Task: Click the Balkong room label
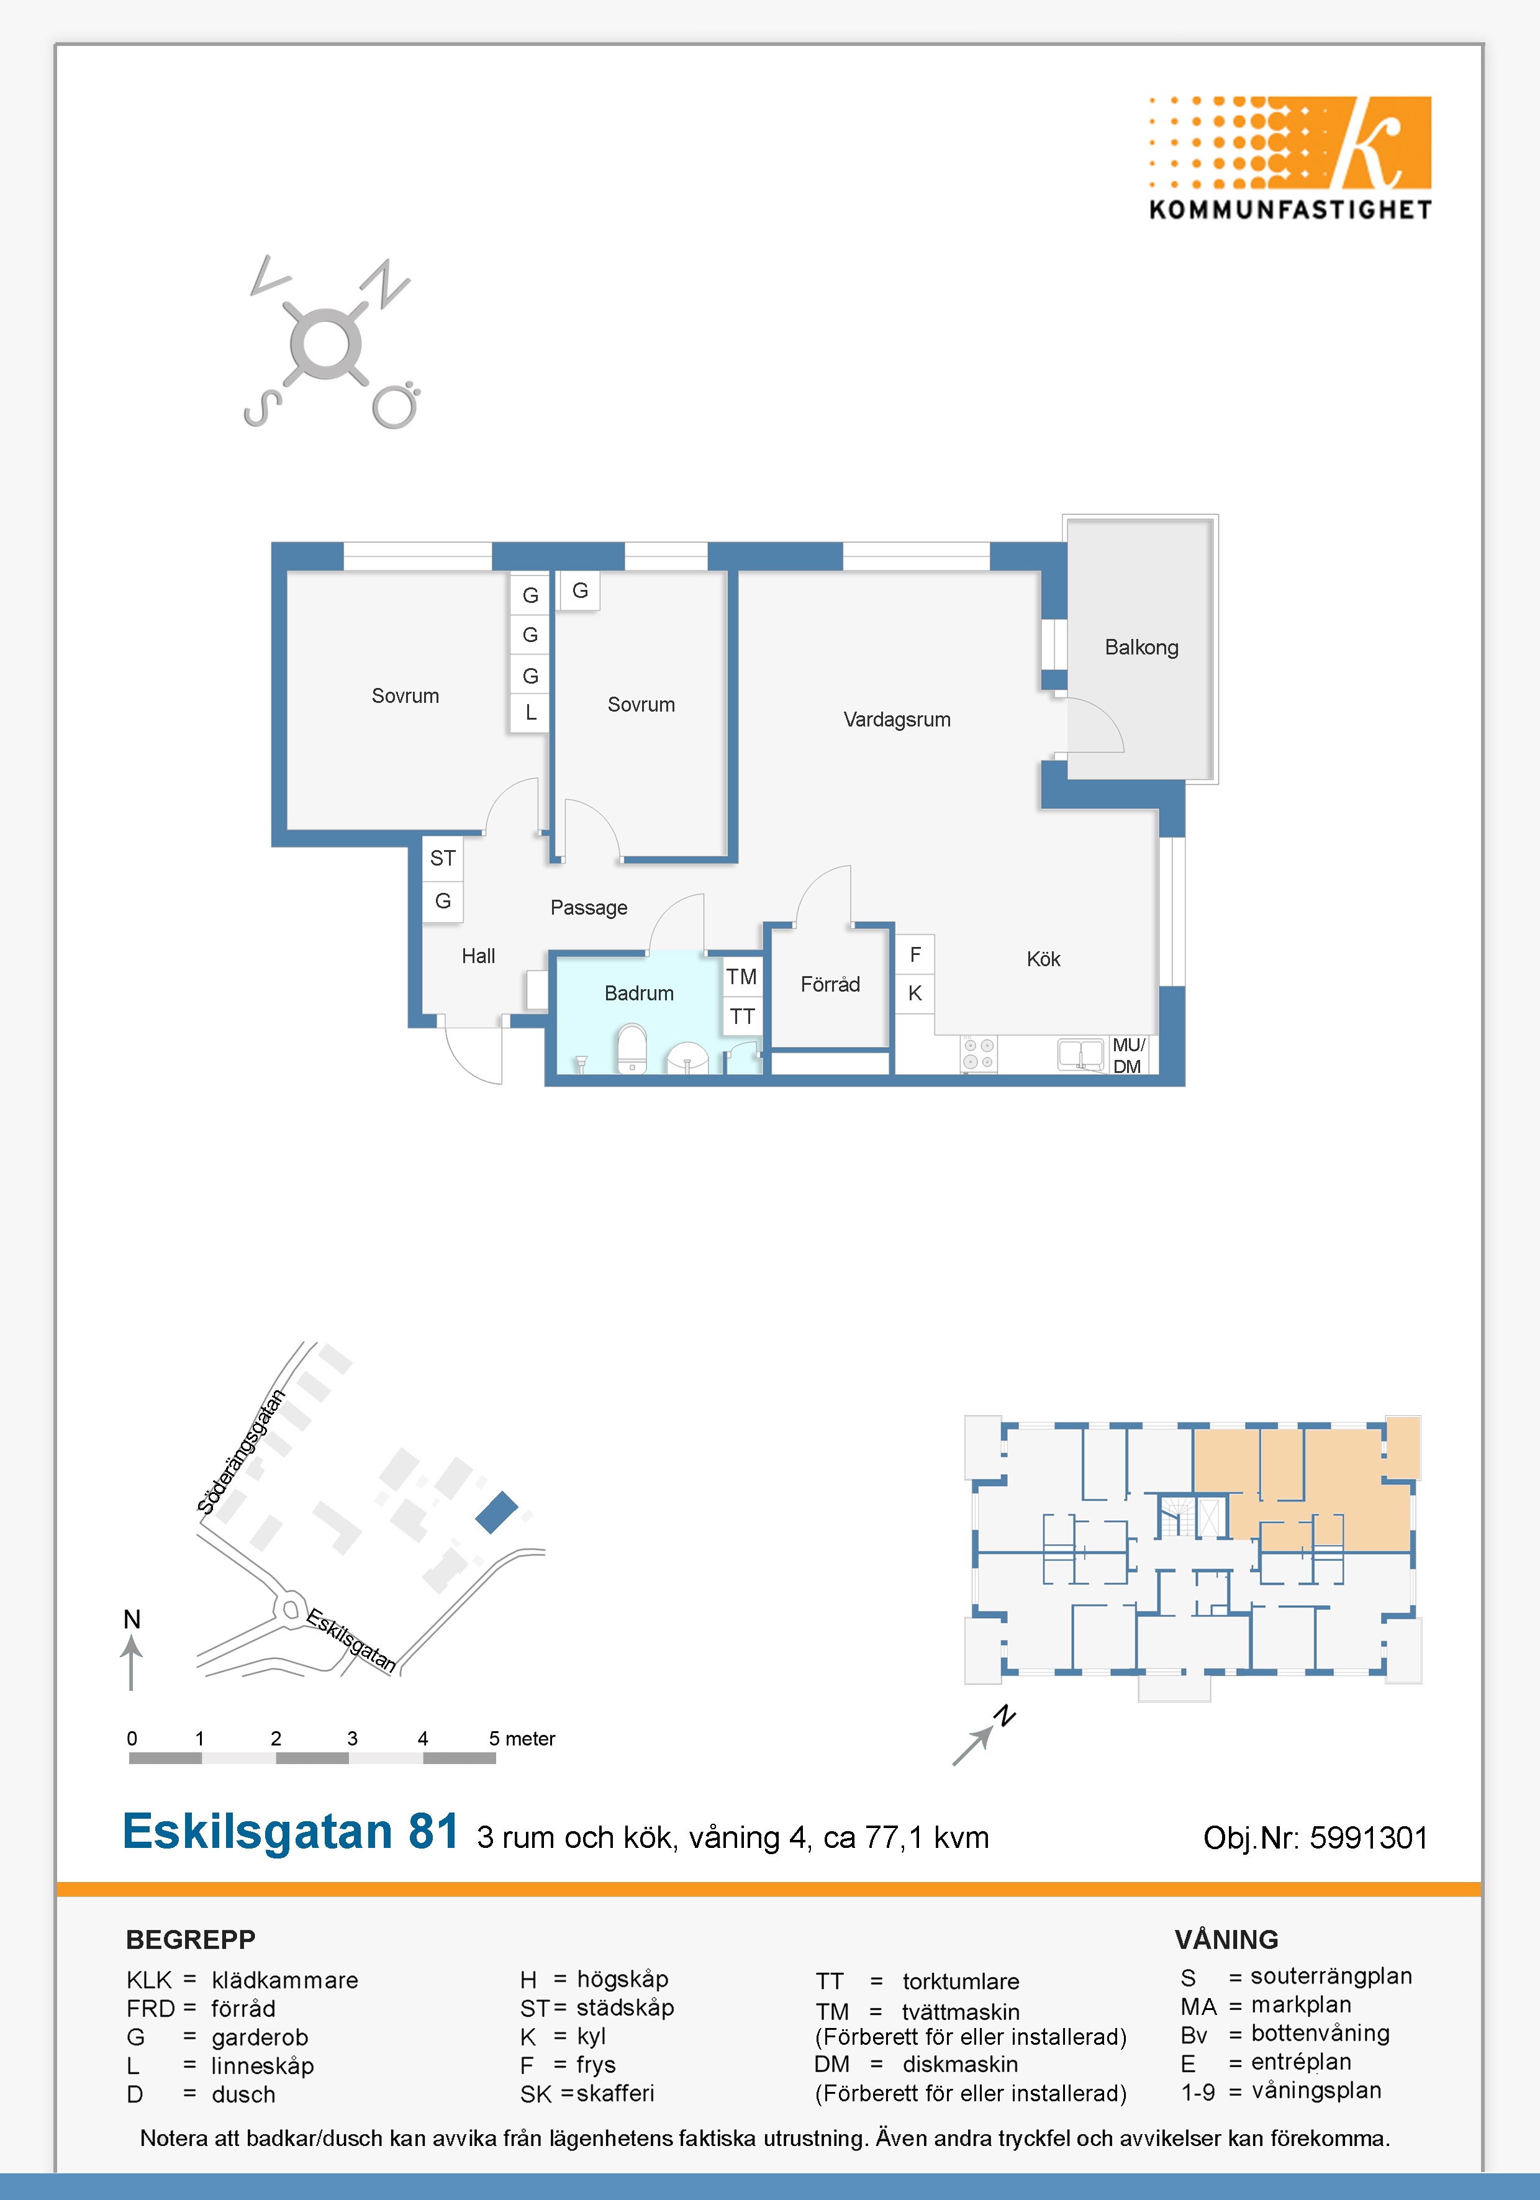1141,648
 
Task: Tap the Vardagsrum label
897,720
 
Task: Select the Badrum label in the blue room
639,994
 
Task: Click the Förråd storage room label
830,984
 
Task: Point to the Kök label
1044,959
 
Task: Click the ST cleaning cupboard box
443,859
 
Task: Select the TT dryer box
741,1016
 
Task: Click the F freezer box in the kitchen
915,954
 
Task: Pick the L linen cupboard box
530,713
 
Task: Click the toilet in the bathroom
632,1049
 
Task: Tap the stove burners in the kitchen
979,1054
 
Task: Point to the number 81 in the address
433,1831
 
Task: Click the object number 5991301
1369,1838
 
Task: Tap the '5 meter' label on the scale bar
522,1738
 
